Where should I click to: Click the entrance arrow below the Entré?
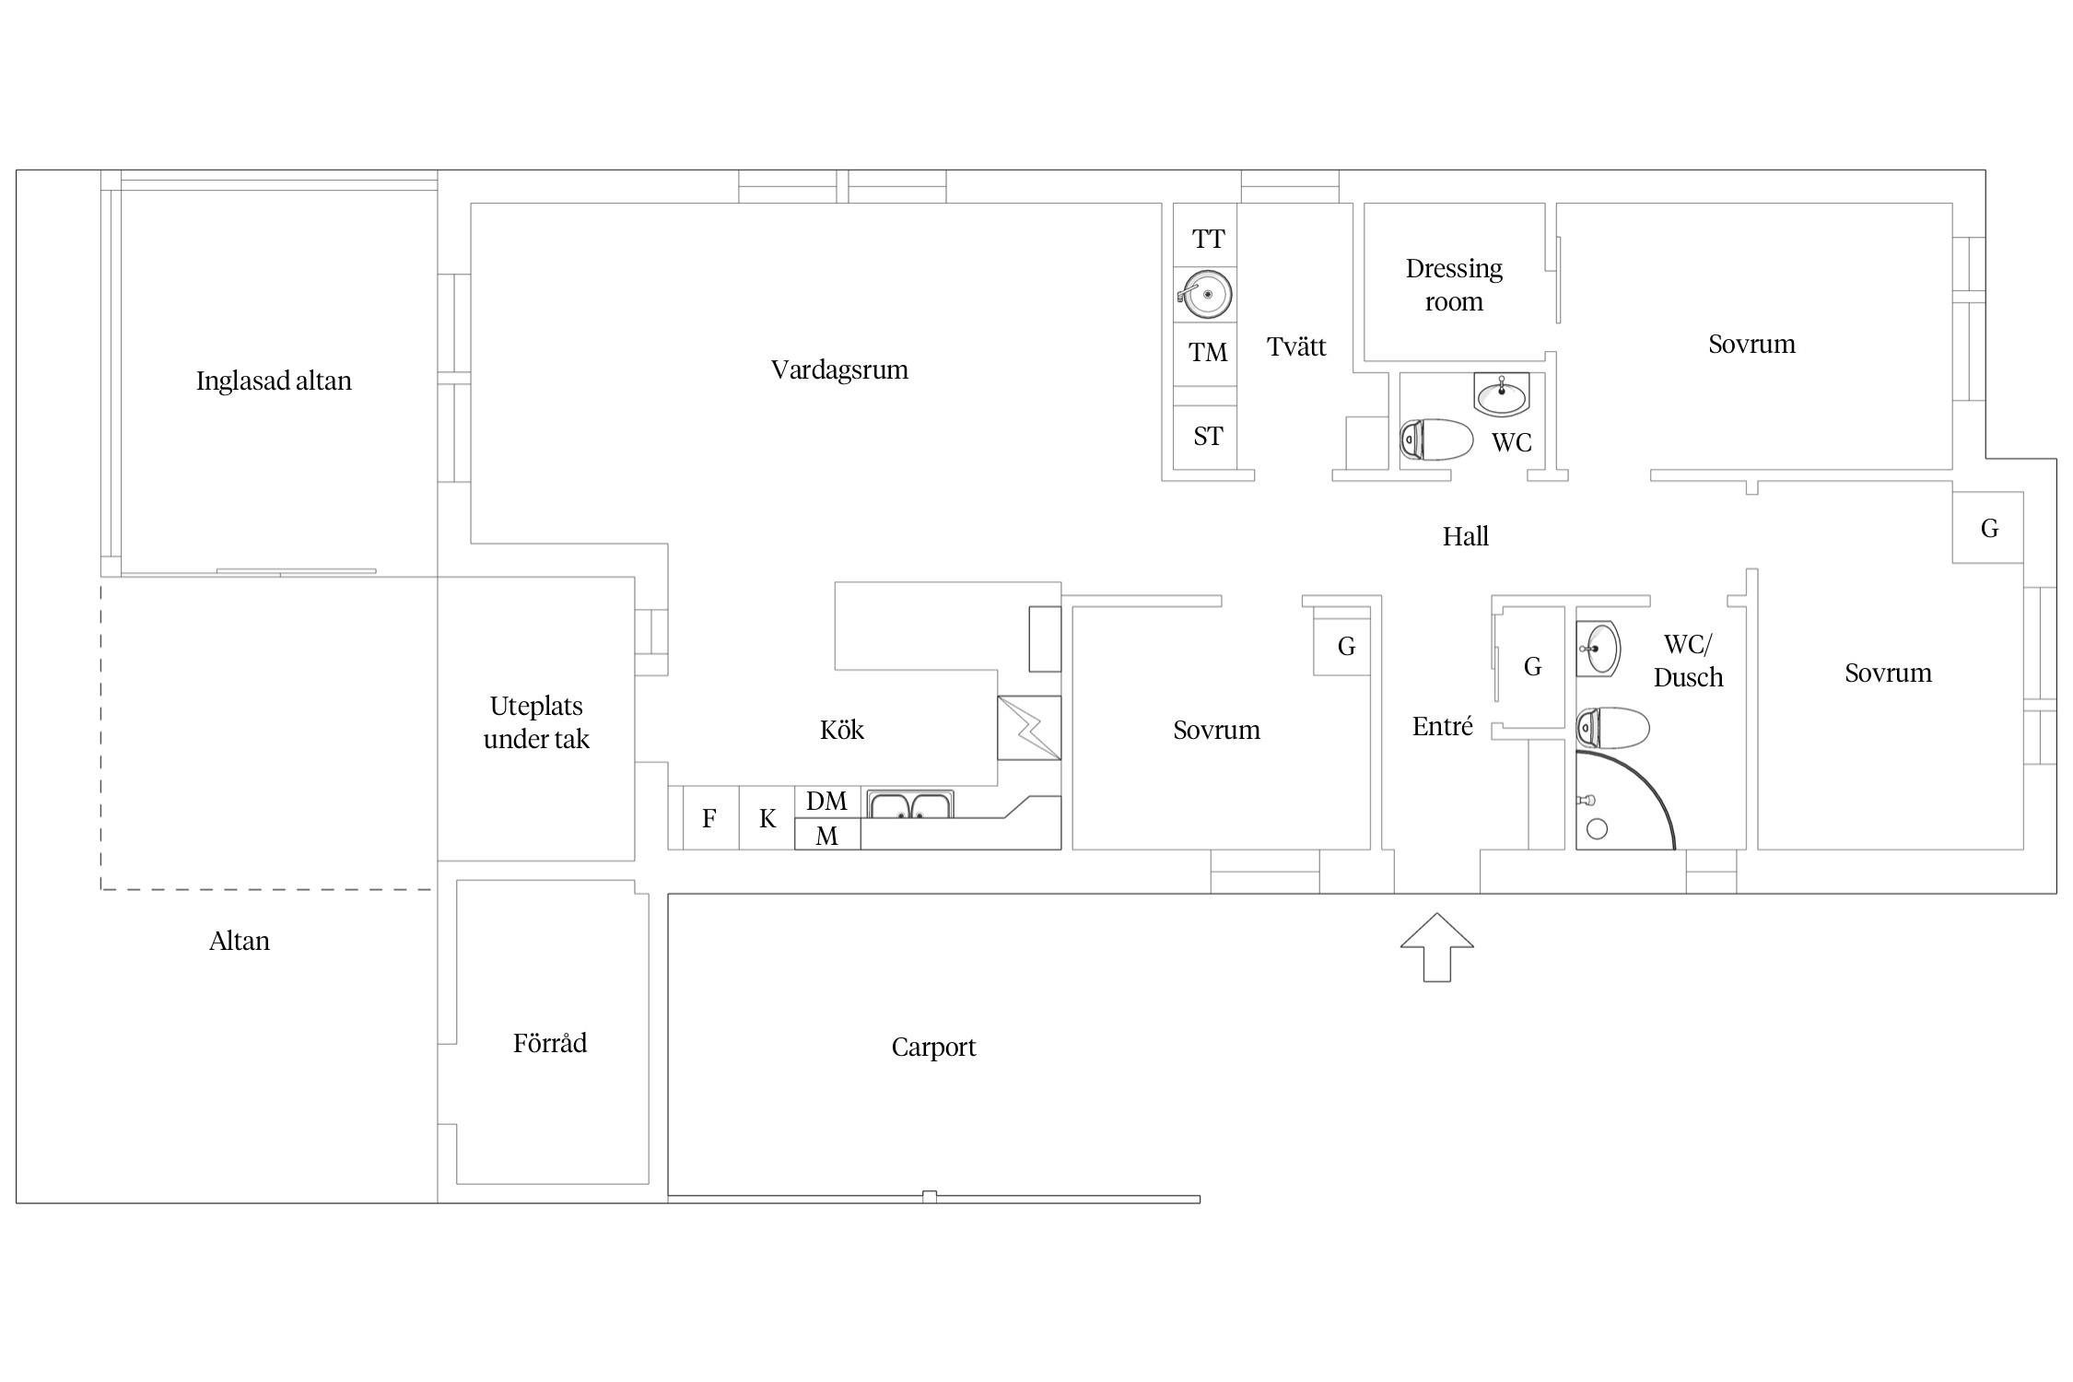[x=1436, y=948]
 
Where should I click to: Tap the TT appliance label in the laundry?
[x=1208, y=240]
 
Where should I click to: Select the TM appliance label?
[x=1208, y=353]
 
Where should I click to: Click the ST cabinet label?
[x=1208, y=437]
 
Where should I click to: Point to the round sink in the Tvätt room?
[x=1205, y=295]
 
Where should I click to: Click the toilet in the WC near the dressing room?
[x=1436, y=440]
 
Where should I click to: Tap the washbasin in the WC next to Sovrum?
[x=1502, y=395]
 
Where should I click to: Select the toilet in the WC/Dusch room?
[x=1612, y=728]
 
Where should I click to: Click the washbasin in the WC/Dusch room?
[x=1599, y=649]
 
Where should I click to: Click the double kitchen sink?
[x=910, y=805]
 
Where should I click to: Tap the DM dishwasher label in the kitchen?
[x=826, y=802]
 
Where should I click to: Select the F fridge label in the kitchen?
[x=709, y=818]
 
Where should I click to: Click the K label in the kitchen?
[x=767, y=818]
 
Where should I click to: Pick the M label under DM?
[x=827, y=836]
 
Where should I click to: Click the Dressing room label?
[x=1454, y=286]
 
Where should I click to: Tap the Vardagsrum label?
[x=839, y=370]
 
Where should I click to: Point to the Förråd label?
[x=550, y=1043]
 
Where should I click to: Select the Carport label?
[x=933, y=1048]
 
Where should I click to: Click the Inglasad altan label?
[x=274, y=381]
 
